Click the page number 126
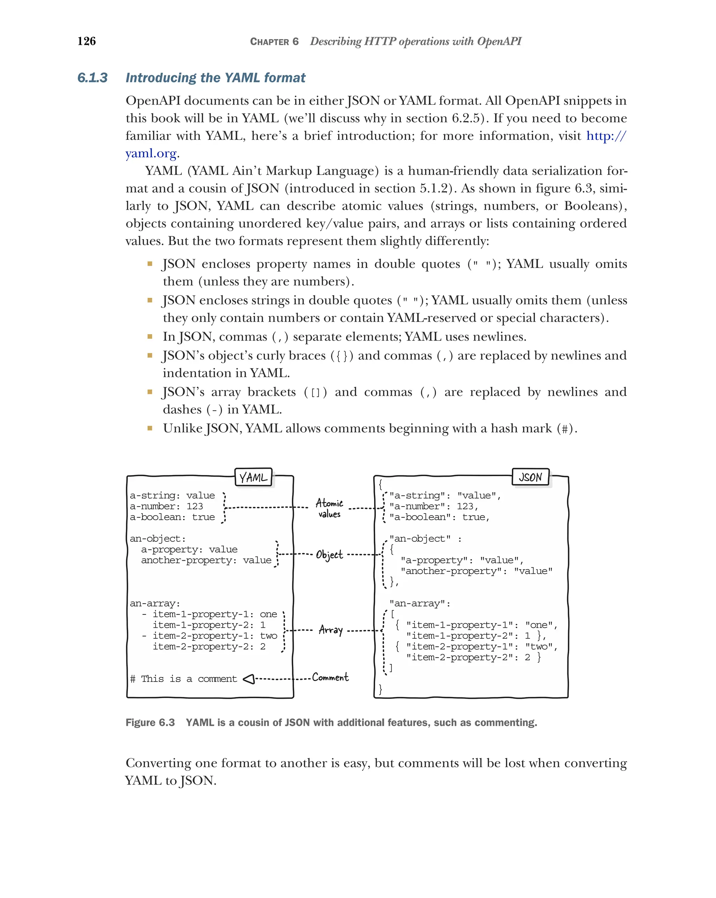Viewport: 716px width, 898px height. [x=87, y=41]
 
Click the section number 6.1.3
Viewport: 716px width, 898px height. [x=92, y=78]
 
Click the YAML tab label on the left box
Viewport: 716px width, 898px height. [x=253, y=477]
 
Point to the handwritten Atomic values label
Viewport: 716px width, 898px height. [x=329, y=508]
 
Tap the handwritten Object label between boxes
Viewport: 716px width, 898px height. [x=329, y=555]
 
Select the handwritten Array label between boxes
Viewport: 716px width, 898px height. [x=331, y=630]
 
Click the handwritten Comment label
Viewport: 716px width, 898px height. [x=330, y=677]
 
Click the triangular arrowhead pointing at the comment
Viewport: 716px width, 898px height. [x=249, y=679]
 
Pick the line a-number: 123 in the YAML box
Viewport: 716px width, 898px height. [x=166, y=507]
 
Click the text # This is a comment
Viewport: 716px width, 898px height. [x=183, y=679]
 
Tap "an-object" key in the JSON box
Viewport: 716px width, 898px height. [x=420, y=539]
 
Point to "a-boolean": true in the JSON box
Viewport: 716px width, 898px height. [x=439, y=517]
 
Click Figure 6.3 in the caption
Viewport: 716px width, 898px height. [x=150, y=723]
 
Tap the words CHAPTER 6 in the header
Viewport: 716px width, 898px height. [x=274, y=42]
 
